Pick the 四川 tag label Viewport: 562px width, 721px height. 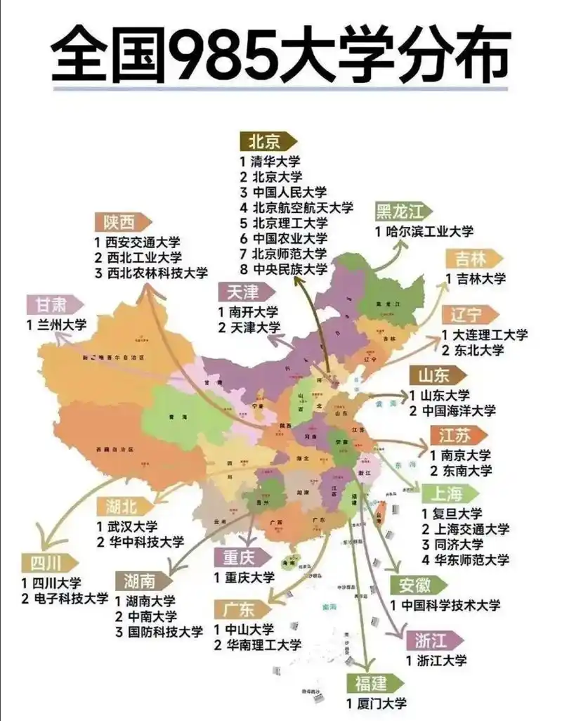48,564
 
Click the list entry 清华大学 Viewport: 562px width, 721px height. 270,161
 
